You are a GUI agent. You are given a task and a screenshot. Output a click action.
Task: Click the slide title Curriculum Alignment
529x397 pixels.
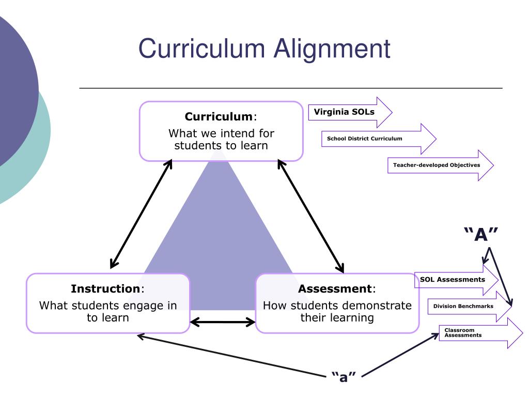[x=264, y=49]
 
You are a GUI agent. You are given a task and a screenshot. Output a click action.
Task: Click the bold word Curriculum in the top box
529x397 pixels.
[x=217, y=116]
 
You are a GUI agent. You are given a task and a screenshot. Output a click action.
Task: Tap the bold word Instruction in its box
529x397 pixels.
[x=105, y=288]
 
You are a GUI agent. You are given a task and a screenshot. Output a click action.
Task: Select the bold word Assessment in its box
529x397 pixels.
[x=334, y=288]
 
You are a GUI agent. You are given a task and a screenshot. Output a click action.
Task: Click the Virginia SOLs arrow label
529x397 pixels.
[x=344, y=112]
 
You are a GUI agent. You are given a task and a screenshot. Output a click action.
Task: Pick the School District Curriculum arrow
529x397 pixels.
[x=365, y=139]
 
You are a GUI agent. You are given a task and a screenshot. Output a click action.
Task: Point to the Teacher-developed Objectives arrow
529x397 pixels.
[x=437, y=165]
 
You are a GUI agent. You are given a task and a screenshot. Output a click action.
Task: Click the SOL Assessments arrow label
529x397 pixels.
[x=453, y=280]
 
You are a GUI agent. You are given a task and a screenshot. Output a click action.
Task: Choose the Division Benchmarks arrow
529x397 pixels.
[x=463, y=306]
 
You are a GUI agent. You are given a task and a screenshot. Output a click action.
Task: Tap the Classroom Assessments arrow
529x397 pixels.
[x=463, y=333]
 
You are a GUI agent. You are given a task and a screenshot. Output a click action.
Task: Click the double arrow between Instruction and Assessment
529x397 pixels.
[x=223, y=323]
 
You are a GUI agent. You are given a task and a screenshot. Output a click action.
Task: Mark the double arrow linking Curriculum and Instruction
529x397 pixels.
[x=141, y=213]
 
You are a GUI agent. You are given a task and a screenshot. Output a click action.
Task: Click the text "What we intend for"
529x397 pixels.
[x=221, y=133]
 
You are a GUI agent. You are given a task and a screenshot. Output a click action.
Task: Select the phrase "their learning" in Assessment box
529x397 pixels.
[x=337, y=317]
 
